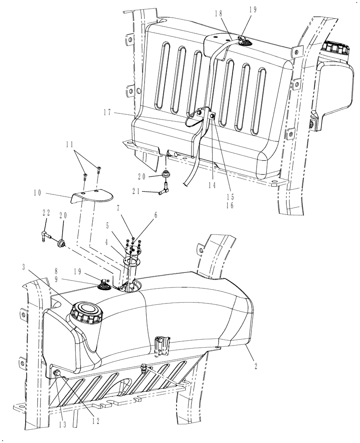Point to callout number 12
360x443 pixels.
[94, 420]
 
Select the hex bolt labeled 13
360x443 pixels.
[57, 374]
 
